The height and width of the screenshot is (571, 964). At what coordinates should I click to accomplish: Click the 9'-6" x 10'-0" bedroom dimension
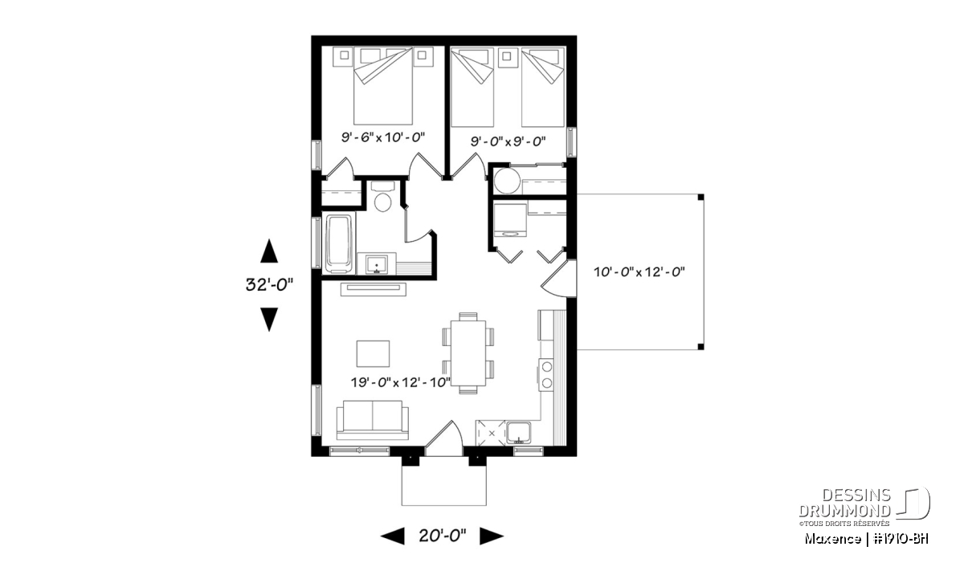tap(383, 137)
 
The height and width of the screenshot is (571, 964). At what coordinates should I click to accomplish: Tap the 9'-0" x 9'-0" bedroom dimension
tap(508, 141)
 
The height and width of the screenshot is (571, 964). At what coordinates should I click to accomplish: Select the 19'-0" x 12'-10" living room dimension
tap(401, 381)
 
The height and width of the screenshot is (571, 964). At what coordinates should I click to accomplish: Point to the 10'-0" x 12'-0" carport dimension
tap(639, 272)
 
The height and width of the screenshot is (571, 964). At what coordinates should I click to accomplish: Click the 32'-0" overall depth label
tap(269, 284)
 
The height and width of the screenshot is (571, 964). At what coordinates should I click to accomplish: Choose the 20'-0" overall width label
tap(443, 536)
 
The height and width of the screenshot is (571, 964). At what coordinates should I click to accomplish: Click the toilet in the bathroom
tap(382, 198)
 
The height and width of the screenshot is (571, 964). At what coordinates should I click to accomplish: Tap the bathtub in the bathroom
tap(340, 243)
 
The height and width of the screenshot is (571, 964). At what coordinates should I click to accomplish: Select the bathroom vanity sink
tap(377, 264)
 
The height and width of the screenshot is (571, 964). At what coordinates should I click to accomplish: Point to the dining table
tap(468, 353)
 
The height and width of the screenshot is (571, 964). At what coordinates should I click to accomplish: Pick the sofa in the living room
tap(372, 420)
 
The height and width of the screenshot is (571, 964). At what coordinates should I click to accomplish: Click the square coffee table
tap(373, 353)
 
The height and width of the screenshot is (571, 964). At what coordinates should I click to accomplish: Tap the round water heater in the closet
tap(508, 181)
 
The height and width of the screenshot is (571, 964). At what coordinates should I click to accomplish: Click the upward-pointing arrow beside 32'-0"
tap(269, 251)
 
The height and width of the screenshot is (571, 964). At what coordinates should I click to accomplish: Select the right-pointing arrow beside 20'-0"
tap(492, 536)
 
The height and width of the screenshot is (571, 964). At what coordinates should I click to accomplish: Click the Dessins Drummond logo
tap(864, 507)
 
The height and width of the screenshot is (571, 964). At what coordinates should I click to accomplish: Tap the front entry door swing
tap(443, 437)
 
